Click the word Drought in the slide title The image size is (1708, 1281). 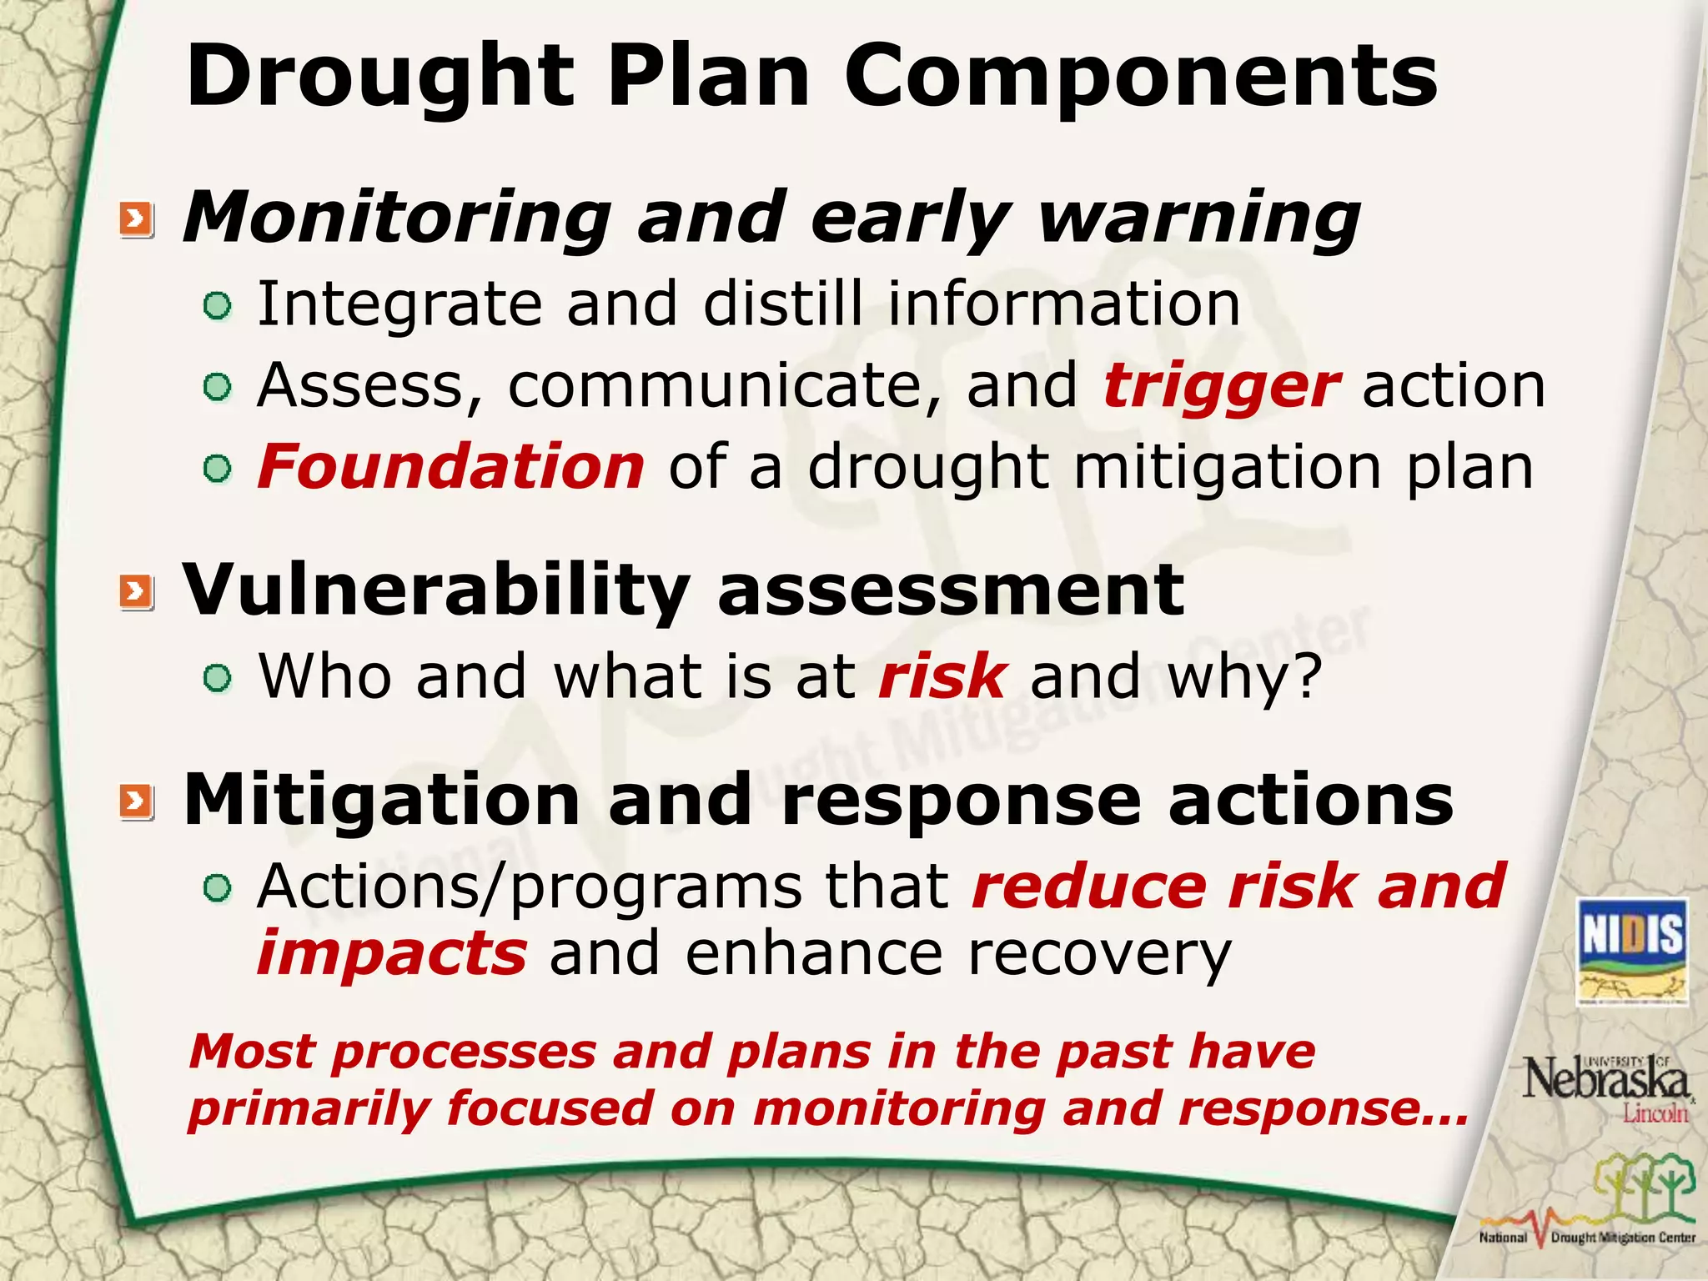click(380, 77)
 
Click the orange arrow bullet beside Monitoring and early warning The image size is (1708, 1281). click(137, 220)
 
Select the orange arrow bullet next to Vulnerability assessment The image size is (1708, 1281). click(137, 592)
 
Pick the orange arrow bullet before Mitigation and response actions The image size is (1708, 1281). click(137, 801)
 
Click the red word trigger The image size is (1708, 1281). click(1221, 387)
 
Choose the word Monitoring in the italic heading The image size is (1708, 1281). click(397, 219)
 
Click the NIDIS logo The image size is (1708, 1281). click(1632, 951)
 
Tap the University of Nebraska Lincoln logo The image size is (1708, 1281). click(1605, 1086)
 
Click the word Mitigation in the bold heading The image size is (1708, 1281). click(381, 800)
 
